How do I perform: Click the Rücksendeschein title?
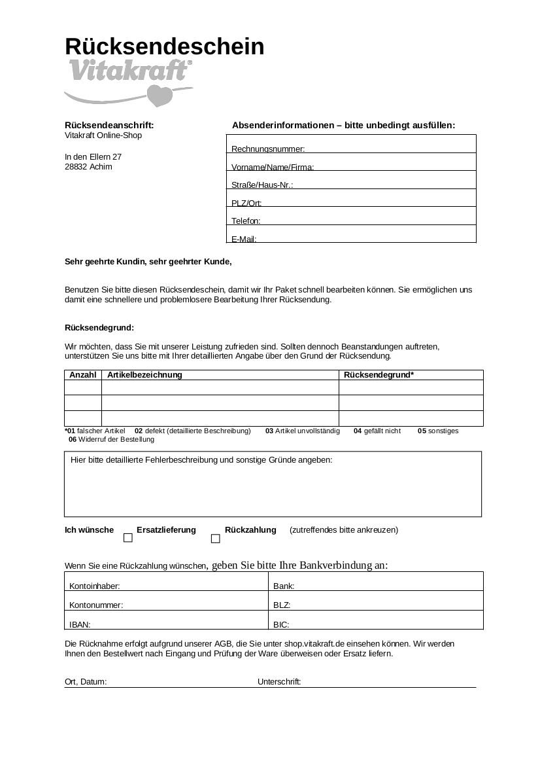coord(164,47)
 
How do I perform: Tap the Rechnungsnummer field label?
coord(268,150)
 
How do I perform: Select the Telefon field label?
coord(246,221)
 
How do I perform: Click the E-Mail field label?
coord(244,240)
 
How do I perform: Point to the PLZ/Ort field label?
coord(246,204)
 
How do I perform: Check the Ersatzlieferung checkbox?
coord(128,538)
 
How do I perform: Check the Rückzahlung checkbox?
coord(215,539)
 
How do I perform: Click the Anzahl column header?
coord(83,375)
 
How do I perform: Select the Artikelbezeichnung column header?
coord(144,375)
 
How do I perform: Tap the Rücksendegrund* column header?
coord(379,375)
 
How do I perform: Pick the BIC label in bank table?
coord(281,624)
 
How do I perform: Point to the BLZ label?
coord(282,605)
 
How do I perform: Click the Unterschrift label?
coord(279,682)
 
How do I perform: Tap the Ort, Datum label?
coord(86,682)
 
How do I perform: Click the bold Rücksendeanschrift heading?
coord(109,125)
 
